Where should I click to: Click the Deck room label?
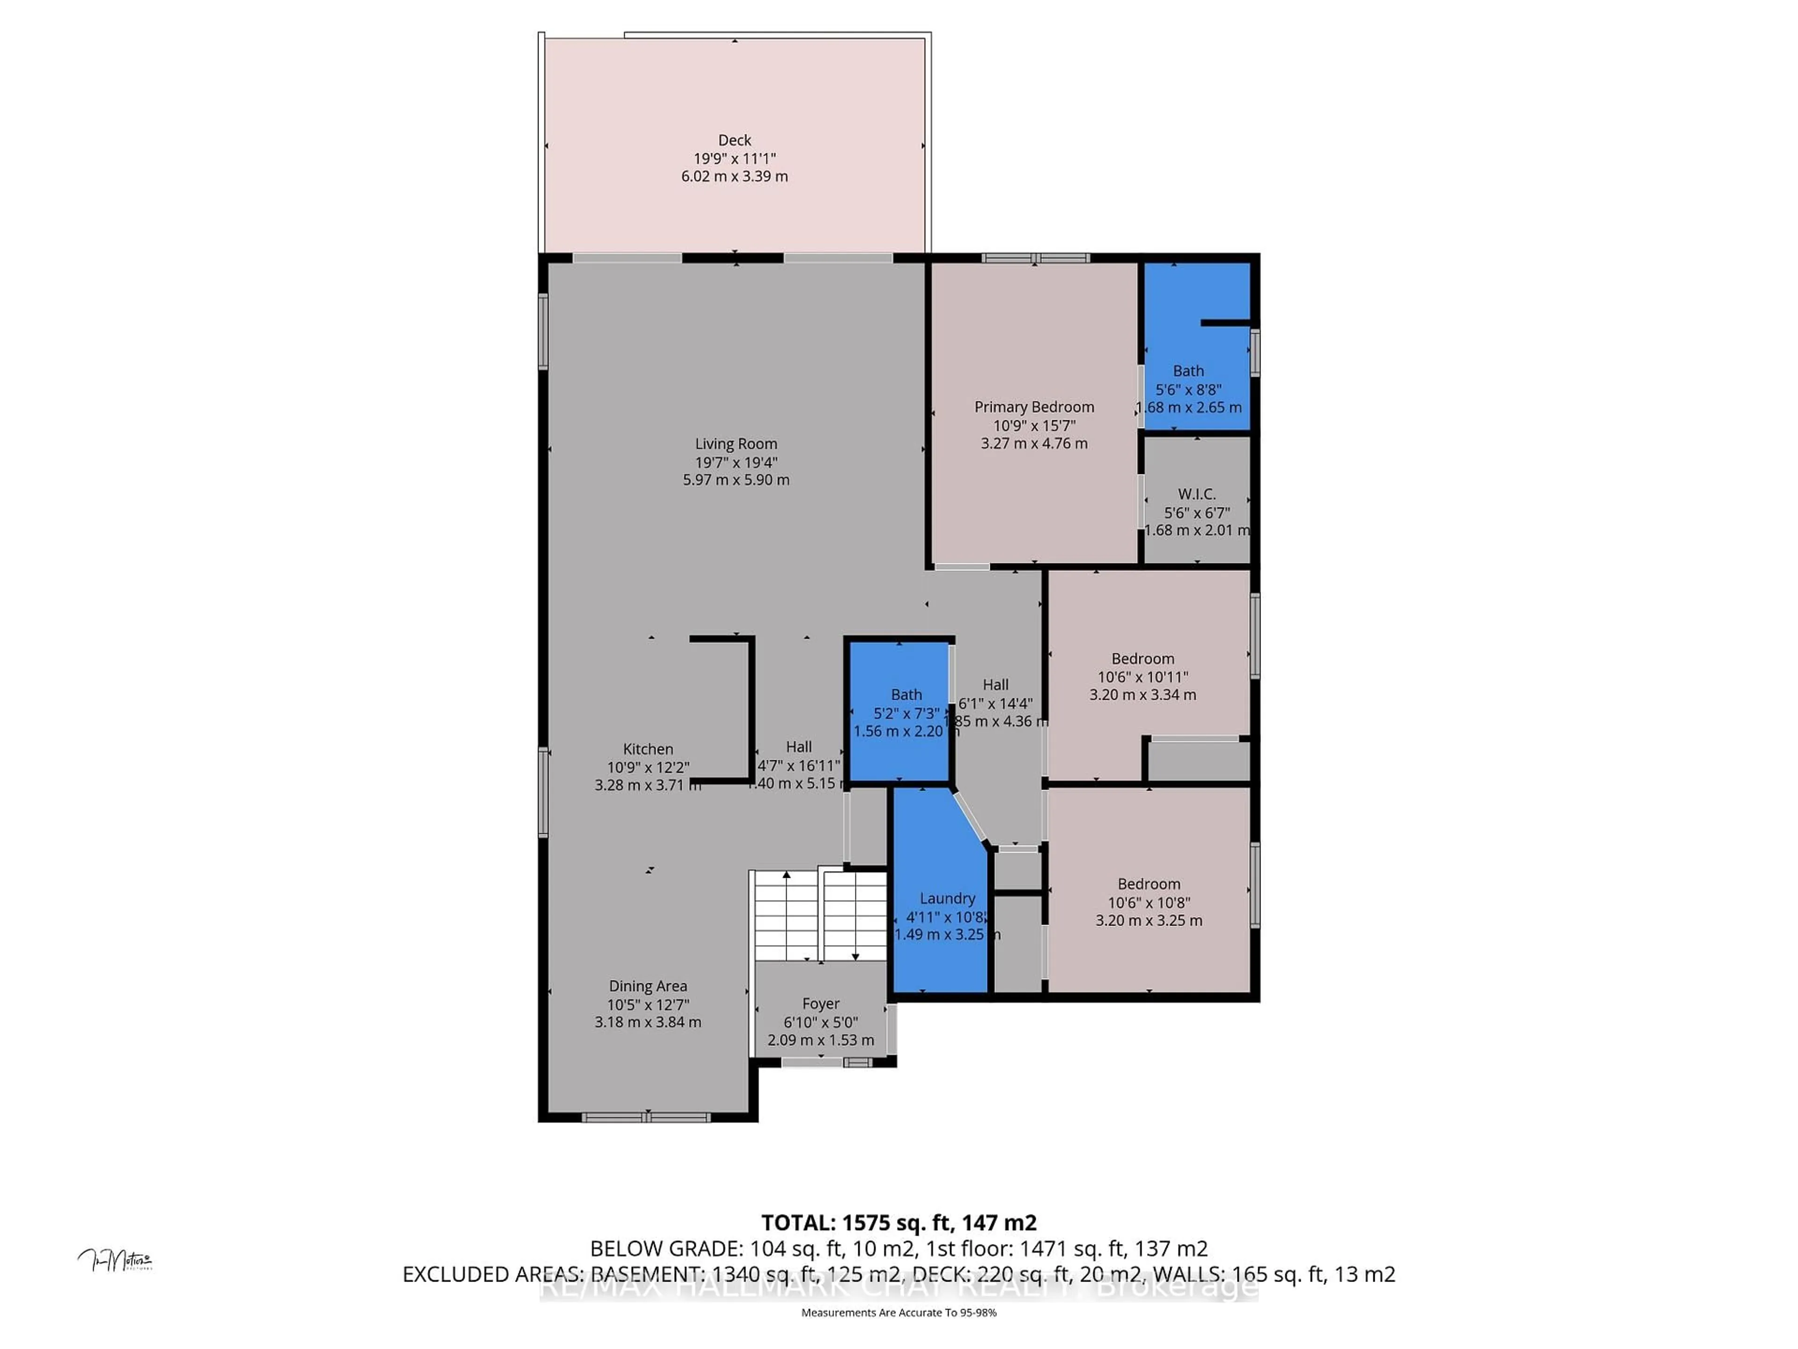pos(734,140)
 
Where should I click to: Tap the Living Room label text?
pos(736,444)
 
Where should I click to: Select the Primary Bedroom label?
pos(1034,407)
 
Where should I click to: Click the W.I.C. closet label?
pos(1196,494)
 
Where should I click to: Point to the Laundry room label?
pos(947,898)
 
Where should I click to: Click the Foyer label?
pos(820,1003)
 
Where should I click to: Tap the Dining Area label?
pos(648,986)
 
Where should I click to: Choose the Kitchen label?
pos(648,749)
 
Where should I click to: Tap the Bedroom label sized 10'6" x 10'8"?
pos(1149,884)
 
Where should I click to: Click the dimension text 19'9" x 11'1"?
pos(734,159)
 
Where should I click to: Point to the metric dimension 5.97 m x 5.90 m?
pos(736,480)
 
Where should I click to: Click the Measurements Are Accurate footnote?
pos(898,1312)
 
